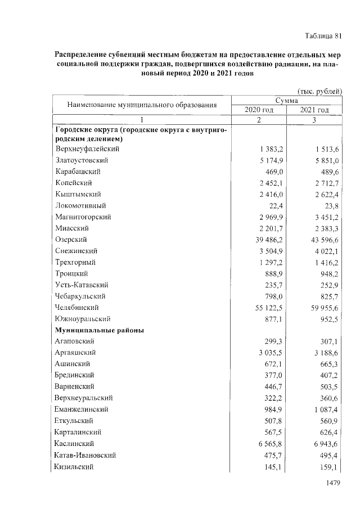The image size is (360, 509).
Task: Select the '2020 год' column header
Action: click(259, 110)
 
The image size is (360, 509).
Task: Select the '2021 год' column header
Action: click(314, 110)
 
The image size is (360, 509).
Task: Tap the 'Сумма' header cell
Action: click(286, 100)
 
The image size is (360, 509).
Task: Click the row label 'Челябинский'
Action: click(78, 308)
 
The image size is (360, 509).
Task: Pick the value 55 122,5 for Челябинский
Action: click(268, 308)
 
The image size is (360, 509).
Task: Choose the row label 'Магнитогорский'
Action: click(83, 217)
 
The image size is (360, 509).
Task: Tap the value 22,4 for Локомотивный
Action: click(275, 206)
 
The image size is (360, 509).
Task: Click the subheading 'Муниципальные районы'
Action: click(99, 330)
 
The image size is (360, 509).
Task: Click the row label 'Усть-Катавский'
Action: click(82, 285)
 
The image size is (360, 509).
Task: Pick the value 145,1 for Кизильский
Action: click(274, 466)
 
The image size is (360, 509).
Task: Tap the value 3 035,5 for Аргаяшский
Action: click(270, 353)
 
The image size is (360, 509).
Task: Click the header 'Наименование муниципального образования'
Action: click(142, 105)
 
